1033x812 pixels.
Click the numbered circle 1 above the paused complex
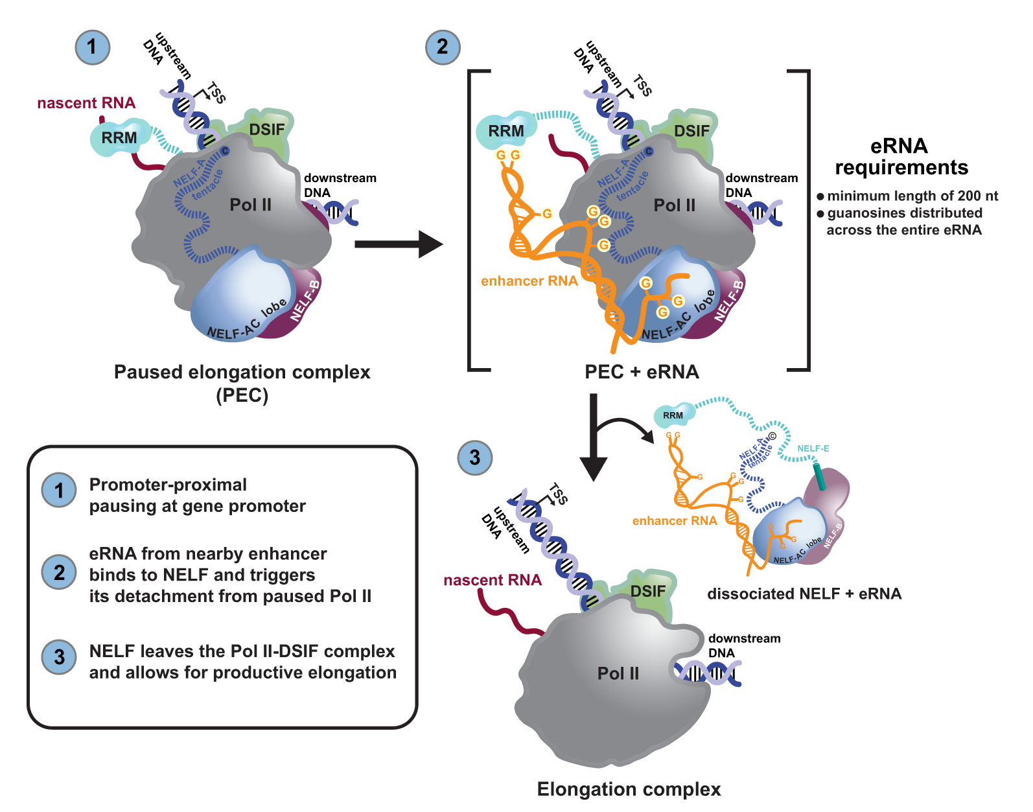92,47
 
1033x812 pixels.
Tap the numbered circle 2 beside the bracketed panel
443,47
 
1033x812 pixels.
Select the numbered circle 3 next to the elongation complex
474,458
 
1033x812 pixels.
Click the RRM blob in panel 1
119,137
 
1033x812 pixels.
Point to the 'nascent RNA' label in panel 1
86,103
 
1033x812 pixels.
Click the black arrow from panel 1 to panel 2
398,244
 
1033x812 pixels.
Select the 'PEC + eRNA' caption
642,372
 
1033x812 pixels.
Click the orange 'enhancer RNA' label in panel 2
529,281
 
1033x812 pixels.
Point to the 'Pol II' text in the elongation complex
618,673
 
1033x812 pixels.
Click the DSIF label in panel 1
267,130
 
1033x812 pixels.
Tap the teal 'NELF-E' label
813,448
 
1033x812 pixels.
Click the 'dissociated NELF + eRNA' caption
804,594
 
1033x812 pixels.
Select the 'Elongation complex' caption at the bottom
629,789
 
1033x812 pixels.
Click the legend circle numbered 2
59,572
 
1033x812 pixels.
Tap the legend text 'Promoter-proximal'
168,485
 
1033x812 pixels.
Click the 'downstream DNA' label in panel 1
340,185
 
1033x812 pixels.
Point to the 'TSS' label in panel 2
642,86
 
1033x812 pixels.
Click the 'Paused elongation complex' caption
242,372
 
